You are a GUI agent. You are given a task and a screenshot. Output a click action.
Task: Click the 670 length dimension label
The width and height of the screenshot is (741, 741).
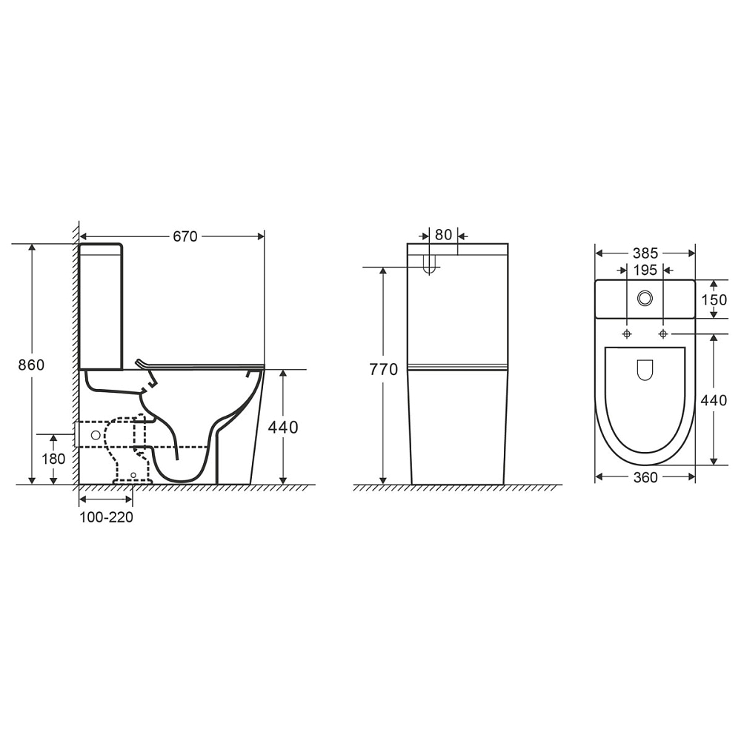point(185,236)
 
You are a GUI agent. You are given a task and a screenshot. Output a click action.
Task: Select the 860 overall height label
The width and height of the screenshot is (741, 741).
point(31,365)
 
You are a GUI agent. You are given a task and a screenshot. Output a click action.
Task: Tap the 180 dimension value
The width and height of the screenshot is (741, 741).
point(53,459)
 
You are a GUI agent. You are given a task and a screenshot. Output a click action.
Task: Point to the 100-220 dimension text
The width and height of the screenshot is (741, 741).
point(106,517)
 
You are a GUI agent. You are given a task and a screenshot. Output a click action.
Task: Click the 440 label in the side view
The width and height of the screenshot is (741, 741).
point(283,428)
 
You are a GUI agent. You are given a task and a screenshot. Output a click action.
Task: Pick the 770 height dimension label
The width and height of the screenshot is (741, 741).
point(384,369)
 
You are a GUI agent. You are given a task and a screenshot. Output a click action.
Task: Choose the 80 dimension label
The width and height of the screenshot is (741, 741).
point(443,234)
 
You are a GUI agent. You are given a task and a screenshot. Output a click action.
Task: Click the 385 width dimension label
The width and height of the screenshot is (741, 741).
point(645,253)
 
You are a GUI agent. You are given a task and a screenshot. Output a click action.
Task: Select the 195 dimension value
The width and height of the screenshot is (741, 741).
point(645,270)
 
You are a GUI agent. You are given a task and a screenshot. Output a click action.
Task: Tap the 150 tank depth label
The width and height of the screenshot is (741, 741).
point(714,299)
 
